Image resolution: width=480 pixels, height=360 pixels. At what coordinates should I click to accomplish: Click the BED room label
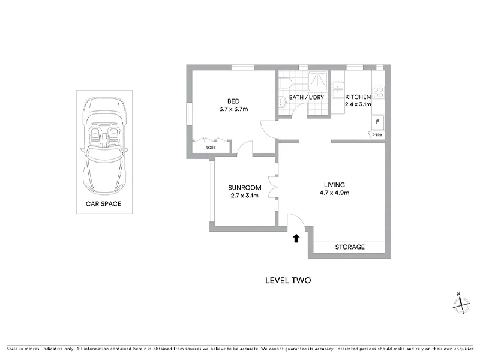(x=233, y=101)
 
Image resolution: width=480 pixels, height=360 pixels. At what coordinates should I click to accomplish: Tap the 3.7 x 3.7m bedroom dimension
(x=233, y=109)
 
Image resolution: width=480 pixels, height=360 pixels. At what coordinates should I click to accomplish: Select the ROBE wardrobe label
(x=210, y=147)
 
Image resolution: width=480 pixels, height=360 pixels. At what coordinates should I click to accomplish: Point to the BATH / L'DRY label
(x=307, y=97)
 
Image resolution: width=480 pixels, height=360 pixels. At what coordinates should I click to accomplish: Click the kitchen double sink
(x=338, y=91)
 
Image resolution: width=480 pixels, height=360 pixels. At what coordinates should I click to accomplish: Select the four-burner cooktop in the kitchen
(x=379, y=92)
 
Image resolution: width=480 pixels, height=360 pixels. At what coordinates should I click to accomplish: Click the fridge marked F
(x=377, y=122)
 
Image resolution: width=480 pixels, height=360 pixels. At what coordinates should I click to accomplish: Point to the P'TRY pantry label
(x=377, y=136)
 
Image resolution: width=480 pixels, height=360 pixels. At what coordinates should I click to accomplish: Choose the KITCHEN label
(x=358, y=97)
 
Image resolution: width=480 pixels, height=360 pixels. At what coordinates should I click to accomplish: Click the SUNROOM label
(x=244, y=187)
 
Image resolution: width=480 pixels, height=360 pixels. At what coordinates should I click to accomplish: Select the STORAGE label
(x=350, y=247)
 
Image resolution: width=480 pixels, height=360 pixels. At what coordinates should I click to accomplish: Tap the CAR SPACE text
(x=104, y=204)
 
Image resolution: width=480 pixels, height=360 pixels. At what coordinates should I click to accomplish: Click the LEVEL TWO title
(x=288, y=280)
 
